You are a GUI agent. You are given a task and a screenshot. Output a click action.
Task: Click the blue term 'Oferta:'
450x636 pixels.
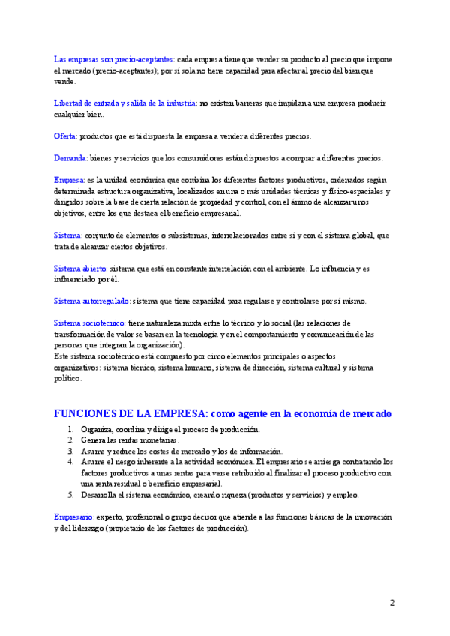click(x=65, y=136)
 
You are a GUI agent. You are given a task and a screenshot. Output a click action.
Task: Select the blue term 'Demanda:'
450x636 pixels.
click(x=71, y=158)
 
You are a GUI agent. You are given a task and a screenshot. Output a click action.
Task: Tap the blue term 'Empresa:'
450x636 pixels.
click(x=69, y=180)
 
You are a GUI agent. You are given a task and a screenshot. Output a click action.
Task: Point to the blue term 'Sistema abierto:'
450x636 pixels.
click(x=81, y=268)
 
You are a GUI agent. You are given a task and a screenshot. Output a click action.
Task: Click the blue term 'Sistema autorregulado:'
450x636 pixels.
click(x=92, y=301)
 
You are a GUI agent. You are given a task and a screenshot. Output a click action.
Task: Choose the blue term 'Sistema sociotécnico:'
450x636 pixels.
click(x=90, y=322)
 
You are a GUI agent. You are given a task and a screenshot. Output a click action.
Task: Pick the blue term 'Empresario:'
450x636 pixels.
click(x=74, y=517)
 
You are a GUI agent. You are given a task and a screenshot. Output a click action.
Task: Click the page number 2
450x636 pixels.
click(x=391, y=602)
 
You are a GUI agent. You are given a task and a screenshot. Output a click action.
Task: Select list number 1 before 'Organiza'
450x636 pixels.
click(x=70, y=429)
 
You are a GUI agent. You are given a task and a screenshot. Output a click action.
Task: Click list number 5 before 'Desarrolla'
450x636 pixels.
click(x=70, y=495)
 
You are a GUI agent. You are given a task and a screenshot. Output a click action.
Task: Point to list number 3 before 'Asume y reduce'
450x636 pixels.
click(x=70, y=451)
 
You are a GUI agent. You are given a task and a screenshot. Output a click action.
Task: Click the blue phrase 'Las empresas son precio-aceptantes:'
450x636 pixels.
click(x=115, y=59)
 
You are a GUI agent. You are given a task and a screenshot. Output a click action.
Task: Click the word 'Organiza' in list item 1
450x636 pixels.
click(x=97, y=429)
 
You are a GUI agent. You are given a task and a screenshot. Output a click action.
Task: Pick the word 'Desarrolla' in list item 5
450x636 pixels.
click(x=100, y=495)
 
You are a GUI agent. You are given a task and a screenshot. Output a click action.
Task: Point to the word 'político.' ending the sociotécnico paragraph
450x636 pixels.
click(x=68, y=379)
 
